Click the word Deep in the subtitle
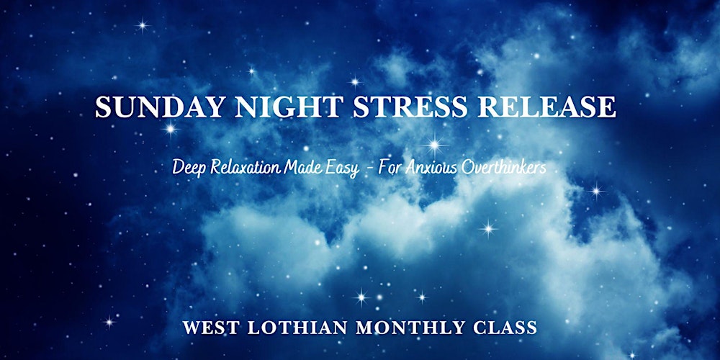click(188, 168)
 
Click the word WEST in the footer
click(205, 328)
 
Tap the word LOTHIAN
click(282, 328)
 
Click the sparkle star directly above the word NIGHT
click(252, 72)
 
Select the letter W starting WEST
click(192, 328)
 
